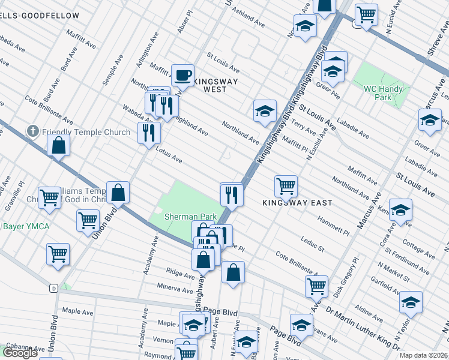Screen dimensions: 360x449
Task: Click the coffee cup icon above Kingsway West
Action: click(x=182, y=76)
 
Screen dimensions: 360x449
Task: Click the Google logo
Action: click(x=20, y=353)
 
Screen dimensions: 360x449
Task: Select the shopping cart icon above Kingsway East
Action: click(x=286, y=185)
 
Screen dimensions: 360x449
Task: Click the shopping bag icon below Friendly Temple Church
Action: click(x=59, y=145)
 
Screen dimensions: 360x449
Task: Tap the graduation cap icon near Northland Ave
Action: click(x=264, y=112)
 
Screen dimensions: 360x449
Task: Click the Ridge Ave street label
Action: click(x=181, y=275)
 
